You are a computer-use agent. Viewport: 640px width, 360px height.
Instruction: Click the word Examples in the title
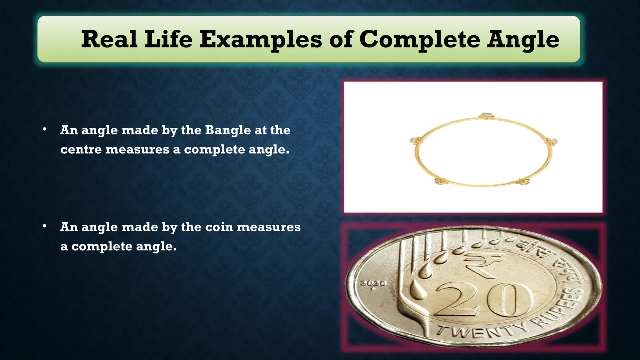(x=261, y=40)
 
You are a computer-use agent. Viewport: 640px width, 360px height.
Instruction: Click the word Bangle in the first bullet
(x=228, y=130)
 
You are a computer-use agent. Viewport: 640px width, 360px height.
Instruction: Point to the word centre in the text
(x=81, y=149)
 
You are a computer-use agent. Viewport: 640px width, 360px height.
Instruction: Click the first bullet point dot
(x=45, y=129)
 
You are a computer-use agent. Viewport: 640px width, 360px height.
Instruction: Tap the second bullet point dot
(x=45, y=226)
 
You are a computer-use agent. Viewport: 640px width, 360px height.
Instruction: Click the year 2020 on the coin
(x=373, y=284)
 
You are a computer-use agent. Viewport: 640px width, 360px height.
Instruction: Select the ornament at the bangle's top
(x=486, y=116)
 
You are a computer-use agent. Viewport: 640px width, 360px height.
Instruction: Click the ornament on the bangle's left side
(x=414, y=140)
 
